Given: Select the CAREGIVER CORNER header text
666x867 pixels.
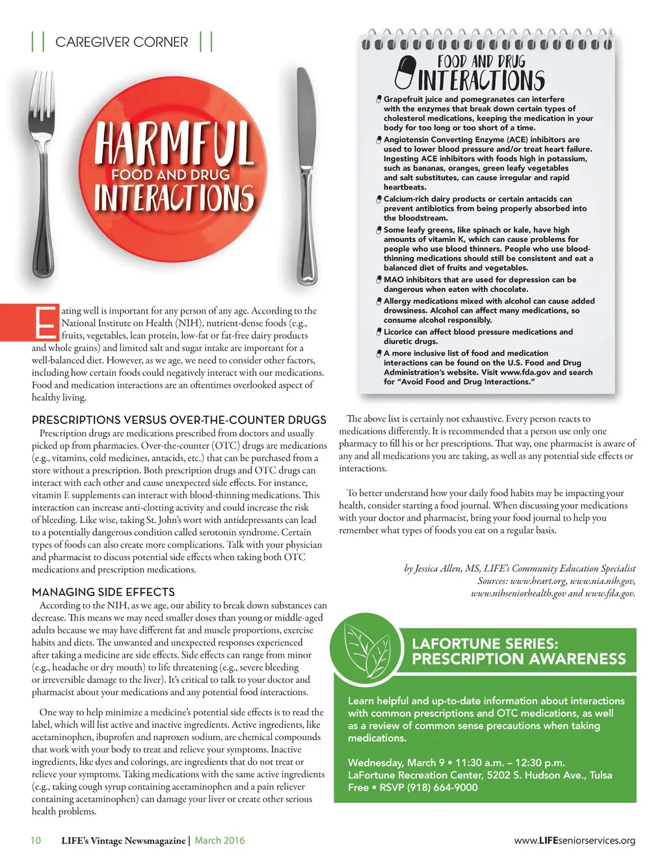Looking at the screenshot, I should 122,42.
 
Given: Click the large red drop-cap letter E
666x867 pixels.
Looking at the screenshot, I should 46,322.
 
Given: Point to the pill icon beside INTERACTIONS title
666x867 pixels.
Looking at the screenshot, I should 405,72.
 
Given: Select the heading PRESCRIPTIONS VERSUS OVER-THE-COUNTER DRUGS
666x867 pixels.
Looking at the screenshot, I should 179,420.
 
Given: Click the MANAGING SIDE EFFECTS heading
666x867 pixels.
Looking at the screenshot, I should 103,592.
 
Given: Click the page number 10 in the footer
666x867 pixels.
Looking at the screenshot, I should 36,840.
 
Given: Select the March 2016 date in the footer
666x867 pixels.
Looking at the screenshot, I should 220,840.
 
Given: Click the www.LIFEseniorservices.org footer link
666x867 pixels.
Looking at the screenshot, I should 574,840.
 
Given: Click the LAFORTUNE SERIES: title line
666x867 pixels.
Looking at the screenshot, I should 485,644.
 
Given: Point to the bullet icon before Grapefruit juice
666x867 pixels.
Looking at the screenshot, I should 379,99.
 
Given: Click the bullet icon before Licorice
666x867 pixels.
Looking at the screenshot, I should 379,332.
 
